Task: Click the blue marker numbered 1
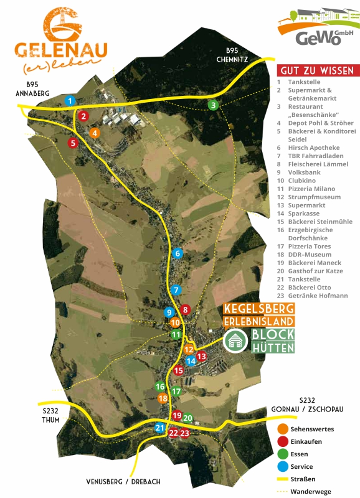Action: coord(70,100)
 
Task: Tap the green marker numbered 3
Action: coord(213,105)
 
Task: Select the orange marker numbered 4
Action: coord(95,133)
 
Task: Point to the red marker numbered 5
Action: coord(73,143)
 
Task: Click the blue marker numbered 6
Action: coord(178,253)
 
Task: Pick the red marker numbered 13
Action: coord(201,357)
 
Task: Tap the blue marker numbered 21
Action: coord(160,428)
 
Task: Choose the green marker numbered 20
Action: coord(187,418)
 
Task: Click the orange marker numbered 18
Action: coord(163,398)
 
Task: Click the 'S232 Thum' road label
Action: coord(50,415)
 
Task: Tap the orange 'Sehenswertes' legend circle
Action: coord(283,429)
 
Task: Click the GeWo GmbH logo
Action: coord(318,28)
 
